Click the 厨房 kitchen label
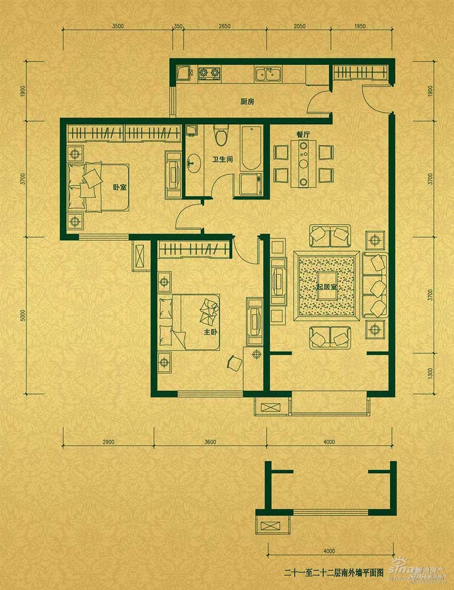pos(247,102)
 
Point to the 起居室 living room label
pos(326,287)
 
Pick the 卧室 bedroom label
pos(119,187)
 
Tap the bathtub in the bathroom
pos(250,148)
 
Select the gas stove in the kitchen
pos(209,73)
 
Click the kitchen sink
pos(268,74)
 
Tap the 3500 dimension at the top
pos(117,27)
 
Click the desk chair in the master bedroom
pos(234,362)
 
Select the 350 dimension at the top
pos(178,27)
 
